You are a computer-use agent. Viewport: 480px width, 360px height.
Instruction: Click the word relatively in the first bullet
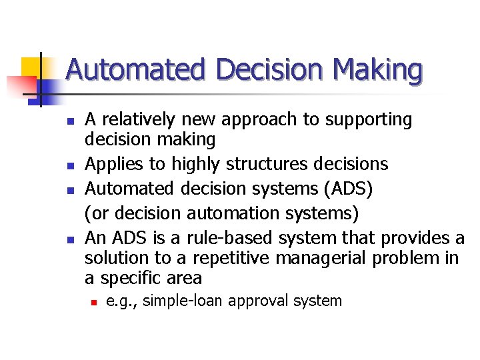pos(139,120)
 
